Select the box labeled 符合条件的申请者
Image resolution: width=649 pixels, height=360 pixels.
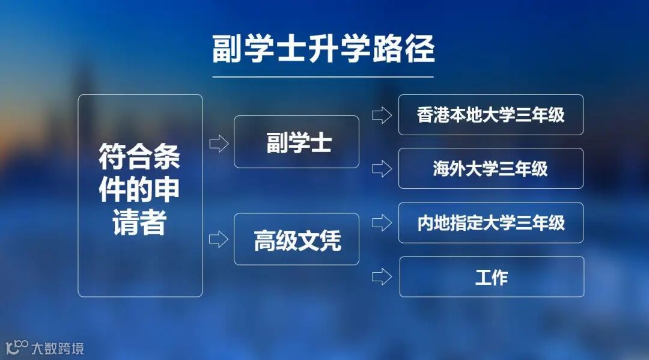tap(140, 195)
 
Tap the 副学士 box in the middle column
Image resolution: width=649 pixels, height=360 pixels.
tap(296, 142)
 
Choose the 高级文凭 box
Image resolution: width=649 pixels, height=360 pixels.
tap(296, 239)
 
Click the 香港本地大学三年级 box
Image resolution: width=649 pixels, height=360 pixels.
tap(490, 115)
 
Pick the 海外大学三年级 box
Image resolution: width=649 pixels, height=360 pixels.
tap(490, 168)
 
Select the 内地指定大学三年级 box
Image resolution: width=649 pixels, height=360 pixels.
tap(490, 223)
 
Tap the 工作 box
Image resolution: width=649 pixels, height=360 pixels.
tap(492, 277)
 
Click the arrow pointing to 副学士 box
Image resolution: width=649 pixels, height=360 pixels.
tap(219, 144)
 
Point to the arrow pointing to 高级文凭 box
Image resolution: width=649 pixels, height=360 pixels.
tap(219, 239)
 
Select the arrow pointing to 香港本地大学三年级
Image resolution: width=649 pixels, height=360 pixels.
tap(382, 115)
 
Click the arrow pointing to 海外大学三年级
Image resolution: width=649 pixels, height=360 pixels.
tap(382, 169)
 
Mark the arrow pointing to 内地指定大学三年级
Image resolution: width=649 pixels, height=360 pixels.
tap(382, 224)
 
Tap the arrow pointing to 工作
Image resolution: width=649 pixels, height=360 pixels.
tap(382, 277)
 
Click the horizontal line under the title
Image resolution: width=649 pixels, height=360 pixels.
tap(323, 77)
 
